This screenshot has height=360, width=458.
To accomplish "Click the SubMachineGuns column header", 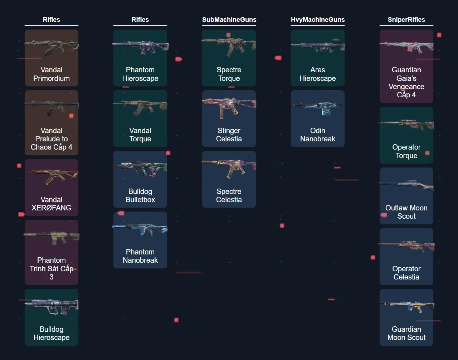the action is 229,20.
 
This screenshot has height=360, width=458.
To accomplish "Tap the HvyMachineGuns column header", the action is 318,20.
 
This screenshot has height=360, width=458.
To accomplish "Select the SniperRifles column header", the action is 406,20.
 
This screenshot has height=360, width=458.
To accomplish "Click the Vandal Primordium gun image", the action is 52,48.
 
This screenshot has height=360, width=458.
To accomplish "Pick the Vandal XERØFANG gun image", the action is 52,177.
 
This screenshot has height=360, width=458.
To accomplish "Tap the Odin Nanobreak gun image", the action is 318,108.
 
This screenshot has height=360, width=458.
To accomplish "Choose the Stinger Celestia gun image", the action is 229,108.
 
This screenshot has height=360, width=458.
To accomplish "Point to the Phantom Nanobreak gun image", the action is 140,229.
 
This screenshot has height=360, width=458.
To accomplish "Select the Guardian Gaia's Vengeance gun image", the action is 406,48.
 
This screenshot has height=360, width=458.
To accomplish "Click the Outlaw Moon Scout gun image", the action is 406,185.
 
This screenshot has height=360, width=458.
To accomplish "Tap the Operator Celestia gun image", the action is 406,246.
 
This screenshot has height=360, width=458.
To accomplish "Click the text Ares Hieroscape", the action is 318,74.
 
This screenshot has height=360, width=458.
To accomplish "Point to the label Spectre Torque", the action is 229,74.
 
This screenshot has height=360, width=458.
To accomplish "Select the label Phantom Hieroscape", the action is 140,74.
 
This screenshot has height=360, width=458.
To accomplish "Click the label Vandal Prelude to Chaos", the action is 52,139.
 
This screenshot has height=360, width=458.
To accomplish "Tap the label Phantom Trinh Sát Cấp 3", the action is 52,268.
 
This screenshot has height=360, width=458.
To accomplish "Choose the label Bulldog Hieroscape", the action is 52,333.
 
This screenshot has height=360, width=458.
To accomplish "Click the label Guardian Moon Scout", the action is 406,333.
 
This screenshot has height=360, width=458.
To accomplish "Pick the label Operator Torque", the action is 406,151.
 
